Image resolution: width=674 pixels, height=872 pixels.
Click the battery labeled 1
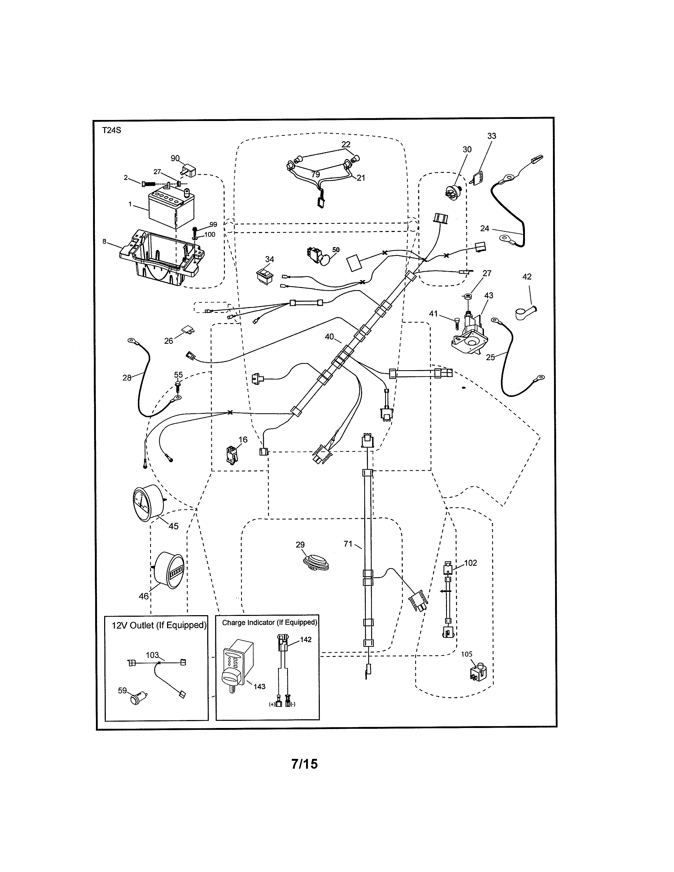point(171,208)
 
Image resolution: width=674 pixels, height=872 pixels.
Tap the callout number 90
point(175,159)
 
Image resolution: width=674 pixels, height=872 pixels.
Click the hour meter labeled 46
point(169,570)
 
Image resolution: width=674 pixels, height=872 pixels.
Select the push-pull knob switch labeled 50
point(322,256)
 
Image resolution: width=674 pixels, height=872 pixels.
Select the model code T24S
point(111,131)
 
